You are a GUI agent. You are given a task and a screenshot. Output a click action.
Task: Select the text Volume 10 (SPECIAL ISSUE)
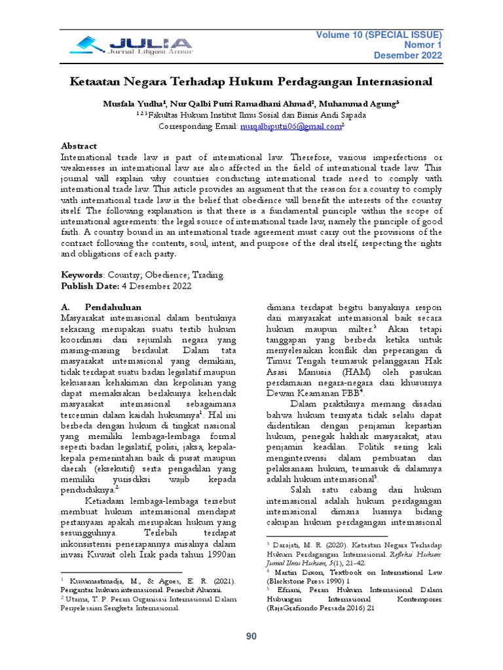[x=379, y=34]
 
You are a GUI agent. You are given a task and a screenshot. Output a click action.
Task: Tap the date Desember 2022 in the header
[x=408, y=56]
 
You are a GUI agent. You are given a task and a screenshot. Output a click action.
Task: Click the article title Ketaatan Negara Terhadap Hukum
[x=251, y=82]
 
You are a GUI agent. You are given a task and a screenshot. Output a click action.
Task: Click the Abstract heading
[x=79, y=146]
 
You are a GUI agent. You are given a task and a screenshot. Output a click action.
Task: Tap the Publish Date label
[x=89, y=287]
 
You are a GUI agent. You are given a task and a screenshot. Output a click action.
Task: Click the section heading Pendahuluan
[x=113, y=306]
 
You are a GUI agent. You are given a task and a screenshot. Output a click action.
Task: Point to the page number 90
[x=251, y=637]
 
